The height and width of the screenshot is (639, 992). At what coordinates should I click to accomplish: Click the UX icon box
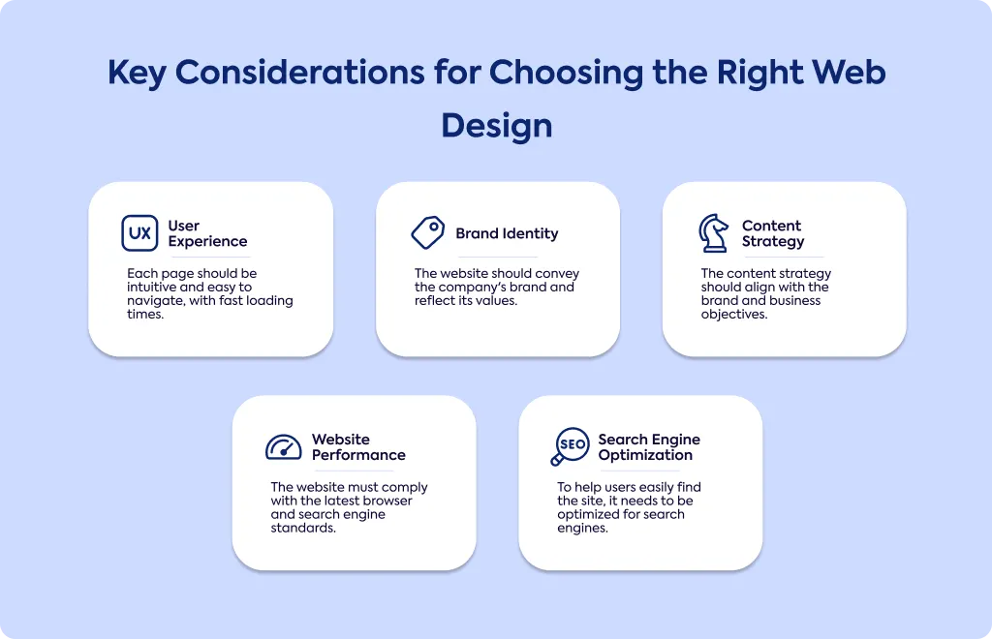point(139,233)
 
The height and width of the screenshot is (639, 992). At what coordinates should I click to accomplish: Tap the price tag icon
point(428,232)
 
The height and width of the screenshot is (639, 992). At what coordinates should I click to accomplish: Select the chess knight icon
point(713,233)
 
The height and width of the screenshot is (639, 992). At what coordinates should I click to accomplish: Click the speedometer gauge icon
point(284,447)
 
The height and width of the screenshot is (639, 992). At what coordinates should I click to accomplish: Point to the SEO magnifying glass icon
point(570,446)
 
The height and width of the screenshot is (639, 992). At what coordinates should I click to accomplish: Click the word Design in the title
point(497,126)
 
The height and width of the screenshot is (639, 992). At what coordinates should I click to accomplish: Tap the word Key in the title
point(137,73)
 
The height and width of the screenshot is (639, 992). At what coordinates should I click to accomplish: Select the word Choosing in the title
point(566,73)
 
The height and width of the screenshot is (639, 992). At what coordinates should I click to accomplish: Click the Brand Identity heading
point(507,234)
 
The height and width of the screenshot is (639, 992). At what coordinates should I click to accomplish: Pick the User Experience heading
point(207,233)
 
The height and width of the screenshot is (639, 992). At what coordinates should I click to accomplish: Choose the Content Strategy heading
point(773,233)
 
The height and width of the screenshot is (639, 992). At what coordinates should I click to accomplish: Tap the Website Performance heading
point(358,447)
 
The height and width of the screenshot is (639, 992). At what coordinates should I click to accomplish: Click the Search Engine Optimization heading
point(649,447)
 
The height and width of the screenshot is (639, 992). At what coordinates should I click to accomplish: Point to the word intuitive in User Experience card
point(152,287)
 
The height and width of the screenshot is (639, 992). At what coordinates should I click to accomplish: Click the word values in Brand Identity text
point(497,301)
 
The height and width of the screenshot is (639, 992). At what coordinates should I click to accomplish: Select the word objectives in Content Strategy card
point(734,315)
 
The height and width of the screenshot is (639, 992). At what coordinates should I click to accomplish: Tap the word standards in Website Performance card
point(303,528)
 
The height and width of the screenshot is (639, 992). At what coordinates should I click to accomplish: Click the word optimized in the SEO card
point(586,515)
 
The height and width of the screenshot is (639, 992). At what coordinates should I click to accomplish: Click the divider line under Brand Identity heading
point(498,258)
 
